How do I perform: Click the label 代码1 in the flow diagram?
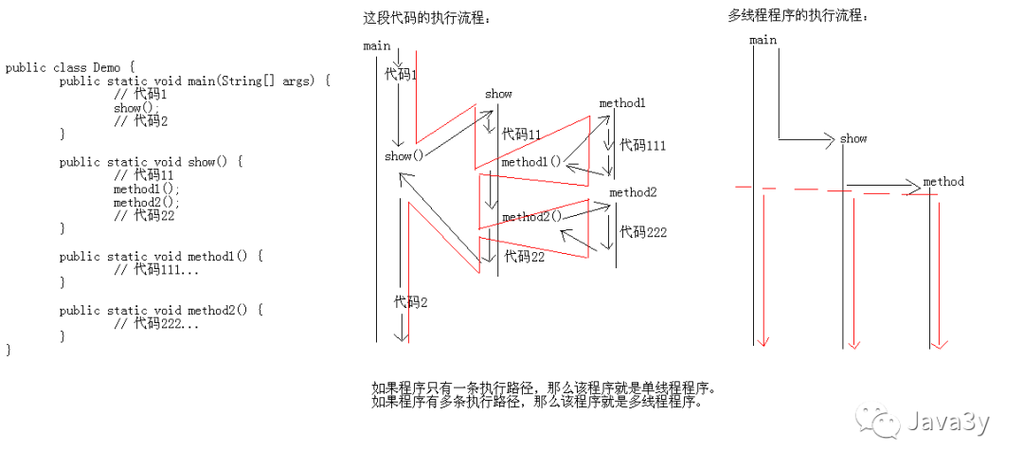(x=400, y=73)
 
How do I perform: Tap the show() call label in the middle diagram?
(x=404, y=155)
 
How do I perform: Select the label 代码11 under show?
(x=521, y=135)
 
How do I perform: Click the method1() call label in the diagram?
(x=531, y=162)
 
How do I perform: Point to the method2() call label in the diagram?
(x=531, y=217)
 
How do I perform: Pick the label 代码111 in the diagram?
(x=643, y=145)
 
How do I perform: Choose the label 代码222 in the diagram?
(x=643, y=232)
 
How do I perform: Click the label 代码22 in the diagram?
(x=524, y=256)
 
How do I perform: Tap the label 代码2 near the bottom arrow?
(x=411, y=301)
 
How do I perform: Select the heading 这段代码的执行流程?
(x=428, y=18)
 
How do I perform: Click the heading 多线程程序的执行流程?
(x=798, y=15)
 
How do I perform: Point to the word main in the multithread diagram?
(x=763, y=40)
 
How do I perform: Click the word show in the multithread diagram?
(x=852, y=138)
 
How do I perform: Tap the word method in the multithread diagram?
(x=942, y=181)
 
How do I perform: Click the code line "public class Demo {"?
(x=70, y=67)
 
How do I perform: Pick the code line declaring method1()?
(x=159, y=256)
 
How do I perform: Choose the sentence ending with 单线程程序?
(x=544, y=388)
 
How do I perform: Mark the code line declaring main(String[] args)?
(x=194, y=81)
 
